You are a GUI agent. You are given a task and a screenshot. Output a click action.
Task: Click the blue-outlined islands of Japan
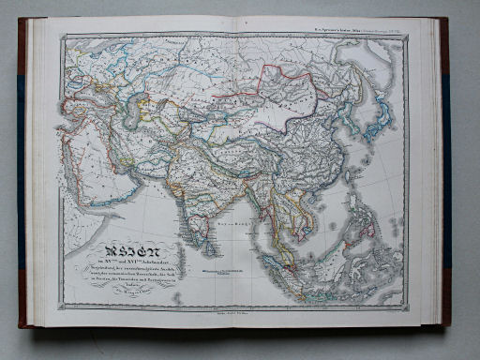(375, 118)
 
